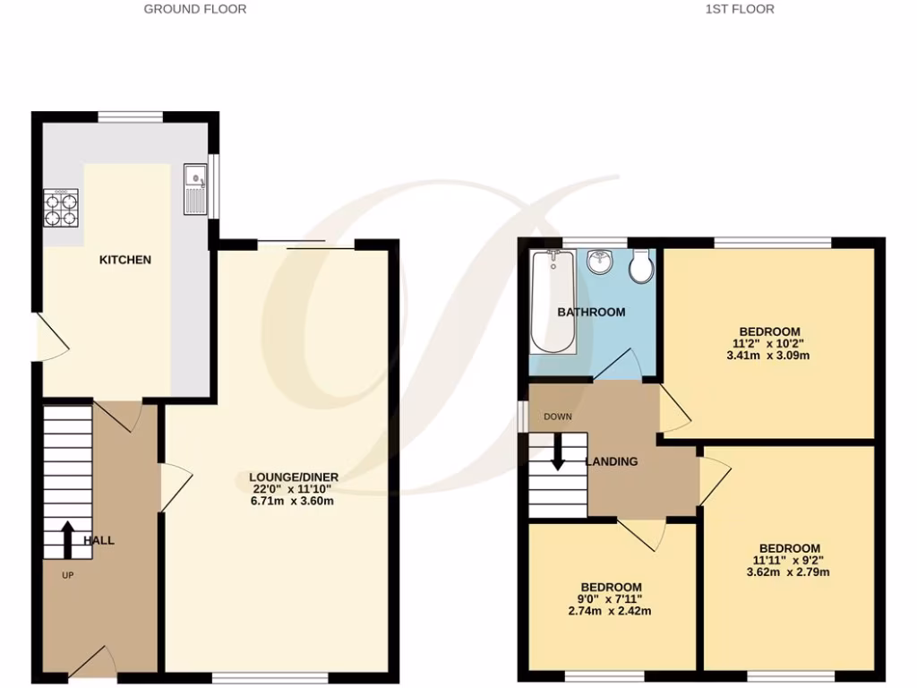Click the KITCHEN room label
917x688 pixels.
[x=124, y=260]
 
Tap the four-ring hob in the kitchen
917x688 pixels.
[x=61, y=208]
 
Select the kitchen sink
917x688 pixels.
[x=194, y=189]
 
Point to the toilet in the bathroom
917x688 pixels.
[x=641, y=266]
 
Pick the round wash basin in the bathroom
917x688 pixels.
[x=598, y=262]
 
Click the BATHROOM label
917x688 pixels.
[x=591, y=313]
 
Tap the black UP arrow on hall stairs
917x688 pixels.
[x=68, y=537]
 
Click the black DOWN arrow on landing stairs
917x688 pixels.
[x=557, y=451]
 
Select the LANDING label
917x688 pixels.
[x=612, y=462]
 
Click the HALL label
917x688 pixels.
[x=99, y=541]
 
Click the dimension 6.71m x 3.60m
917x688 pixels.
[x=291, y=501]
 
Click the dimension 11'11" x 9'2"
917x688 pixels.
[x=789, y=561]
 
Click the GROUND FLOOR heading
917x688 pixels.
[x=195, y=9]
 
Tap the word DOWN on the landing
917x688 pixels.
[x=557, y=417]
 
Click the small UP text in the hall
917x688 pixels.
[x=67, y=575]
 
